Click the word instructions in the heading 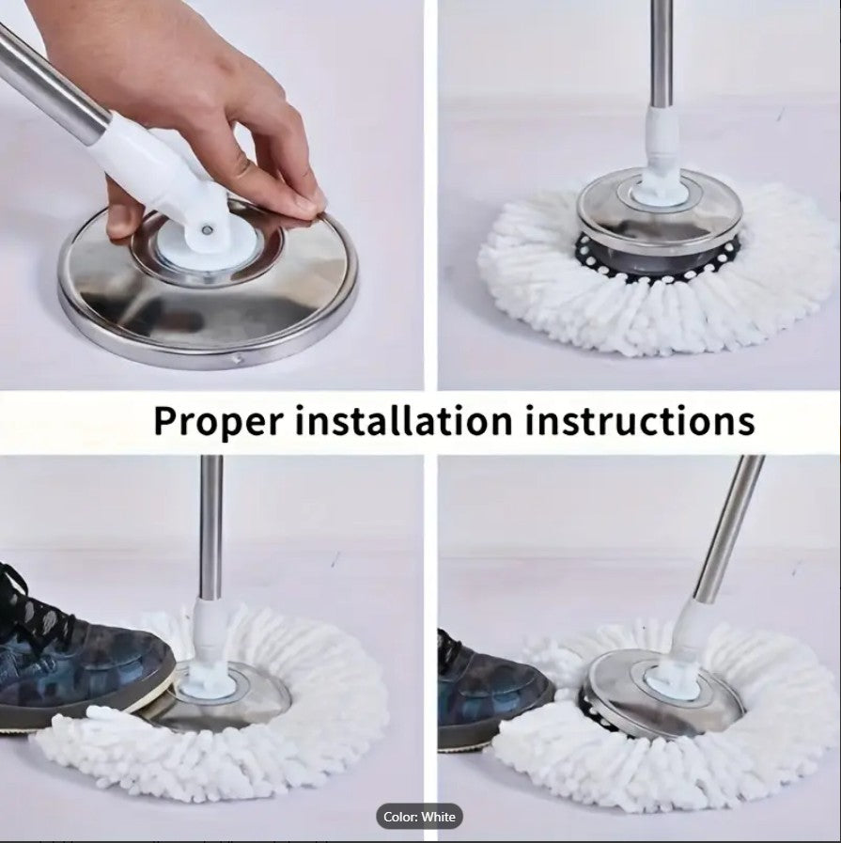tap(640, 420)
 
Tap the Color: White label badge tap(420, 817)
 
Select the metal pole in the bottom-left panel tap(211, 526)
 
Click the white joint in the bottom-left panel tap(205, 639)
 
